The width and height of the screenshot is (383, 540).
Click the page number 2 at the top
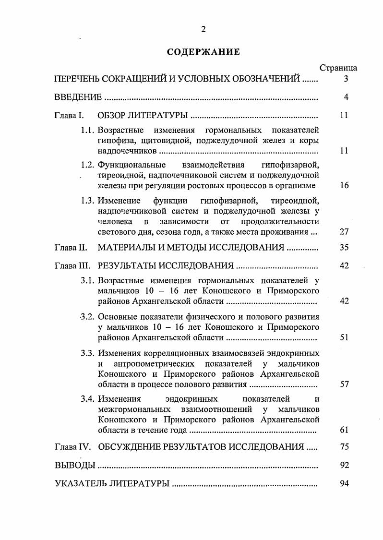203,29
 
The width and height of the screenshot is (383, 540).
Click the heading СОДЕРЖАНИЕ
203,52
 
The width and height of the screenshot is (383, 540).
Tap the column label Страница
338,69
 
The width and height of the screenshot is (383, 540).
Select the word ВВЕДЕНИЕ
78,97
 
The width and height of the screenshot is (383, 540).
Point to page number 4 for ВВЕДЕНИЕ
346,97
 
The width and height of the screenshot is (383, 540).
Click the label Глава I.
70,116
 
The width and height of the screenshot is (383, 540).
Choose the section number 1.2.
88,165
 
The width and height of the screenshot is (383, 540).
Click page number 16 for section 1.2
344,185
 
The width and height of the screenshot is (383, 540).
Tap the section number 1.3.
88,200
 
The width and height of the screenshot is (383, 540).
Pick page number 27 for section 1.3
344,231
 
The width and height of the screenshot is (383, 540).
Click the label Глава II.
71,248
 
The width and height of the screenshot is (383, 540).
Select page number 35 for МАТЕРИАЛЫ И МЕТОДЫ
344,248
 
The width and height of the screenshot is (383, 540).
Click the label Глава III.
72,266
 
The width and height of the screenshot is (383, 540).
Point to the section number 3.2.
88,317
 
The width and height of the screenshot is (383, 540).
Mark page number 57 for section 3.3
344,384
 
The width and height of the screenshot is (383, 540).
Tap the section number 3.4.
88,399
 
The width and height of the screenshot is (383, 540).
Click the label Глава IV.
72,447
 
